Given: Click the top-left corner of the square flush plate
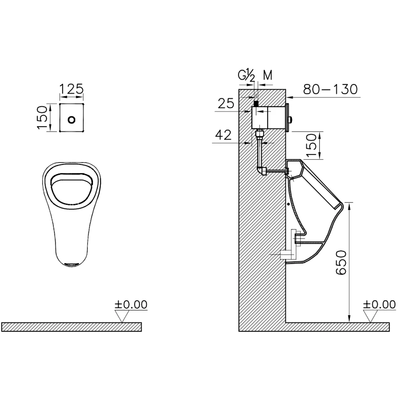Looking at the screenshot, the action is [x=60, y=104].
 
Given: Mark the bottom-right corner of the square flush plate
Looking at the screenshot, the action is [x=83, y=131].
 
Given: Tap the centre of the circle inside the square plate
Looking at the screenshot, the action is [x=72, y=119].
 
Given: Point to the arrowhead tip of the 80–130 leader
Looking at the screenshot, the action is [x=286, y=97].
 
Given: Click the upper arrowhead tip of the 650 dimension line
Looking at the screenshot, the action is [x=349, y=203].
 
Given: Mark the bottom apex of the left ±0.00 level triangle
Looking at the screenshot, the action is [x=122, y=322].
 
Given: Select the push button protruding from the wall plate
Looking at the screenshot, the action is [x=290, y=119].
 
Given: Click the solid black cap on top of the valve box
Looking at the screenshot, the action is [x=256, y=103].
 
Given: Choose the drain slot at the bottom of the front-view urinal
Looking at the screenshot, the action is [x=72, y=264].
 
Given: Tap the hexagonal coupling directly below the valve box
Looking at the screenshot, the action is [x=259, y=134].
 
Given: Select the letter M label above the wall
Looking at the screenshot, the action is [x=268, y=75].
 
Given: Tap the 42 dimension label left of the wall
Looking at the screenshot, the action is [x=223, y=135].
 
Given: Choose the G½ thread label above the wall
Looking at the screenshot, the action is [x=247, y=76].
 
